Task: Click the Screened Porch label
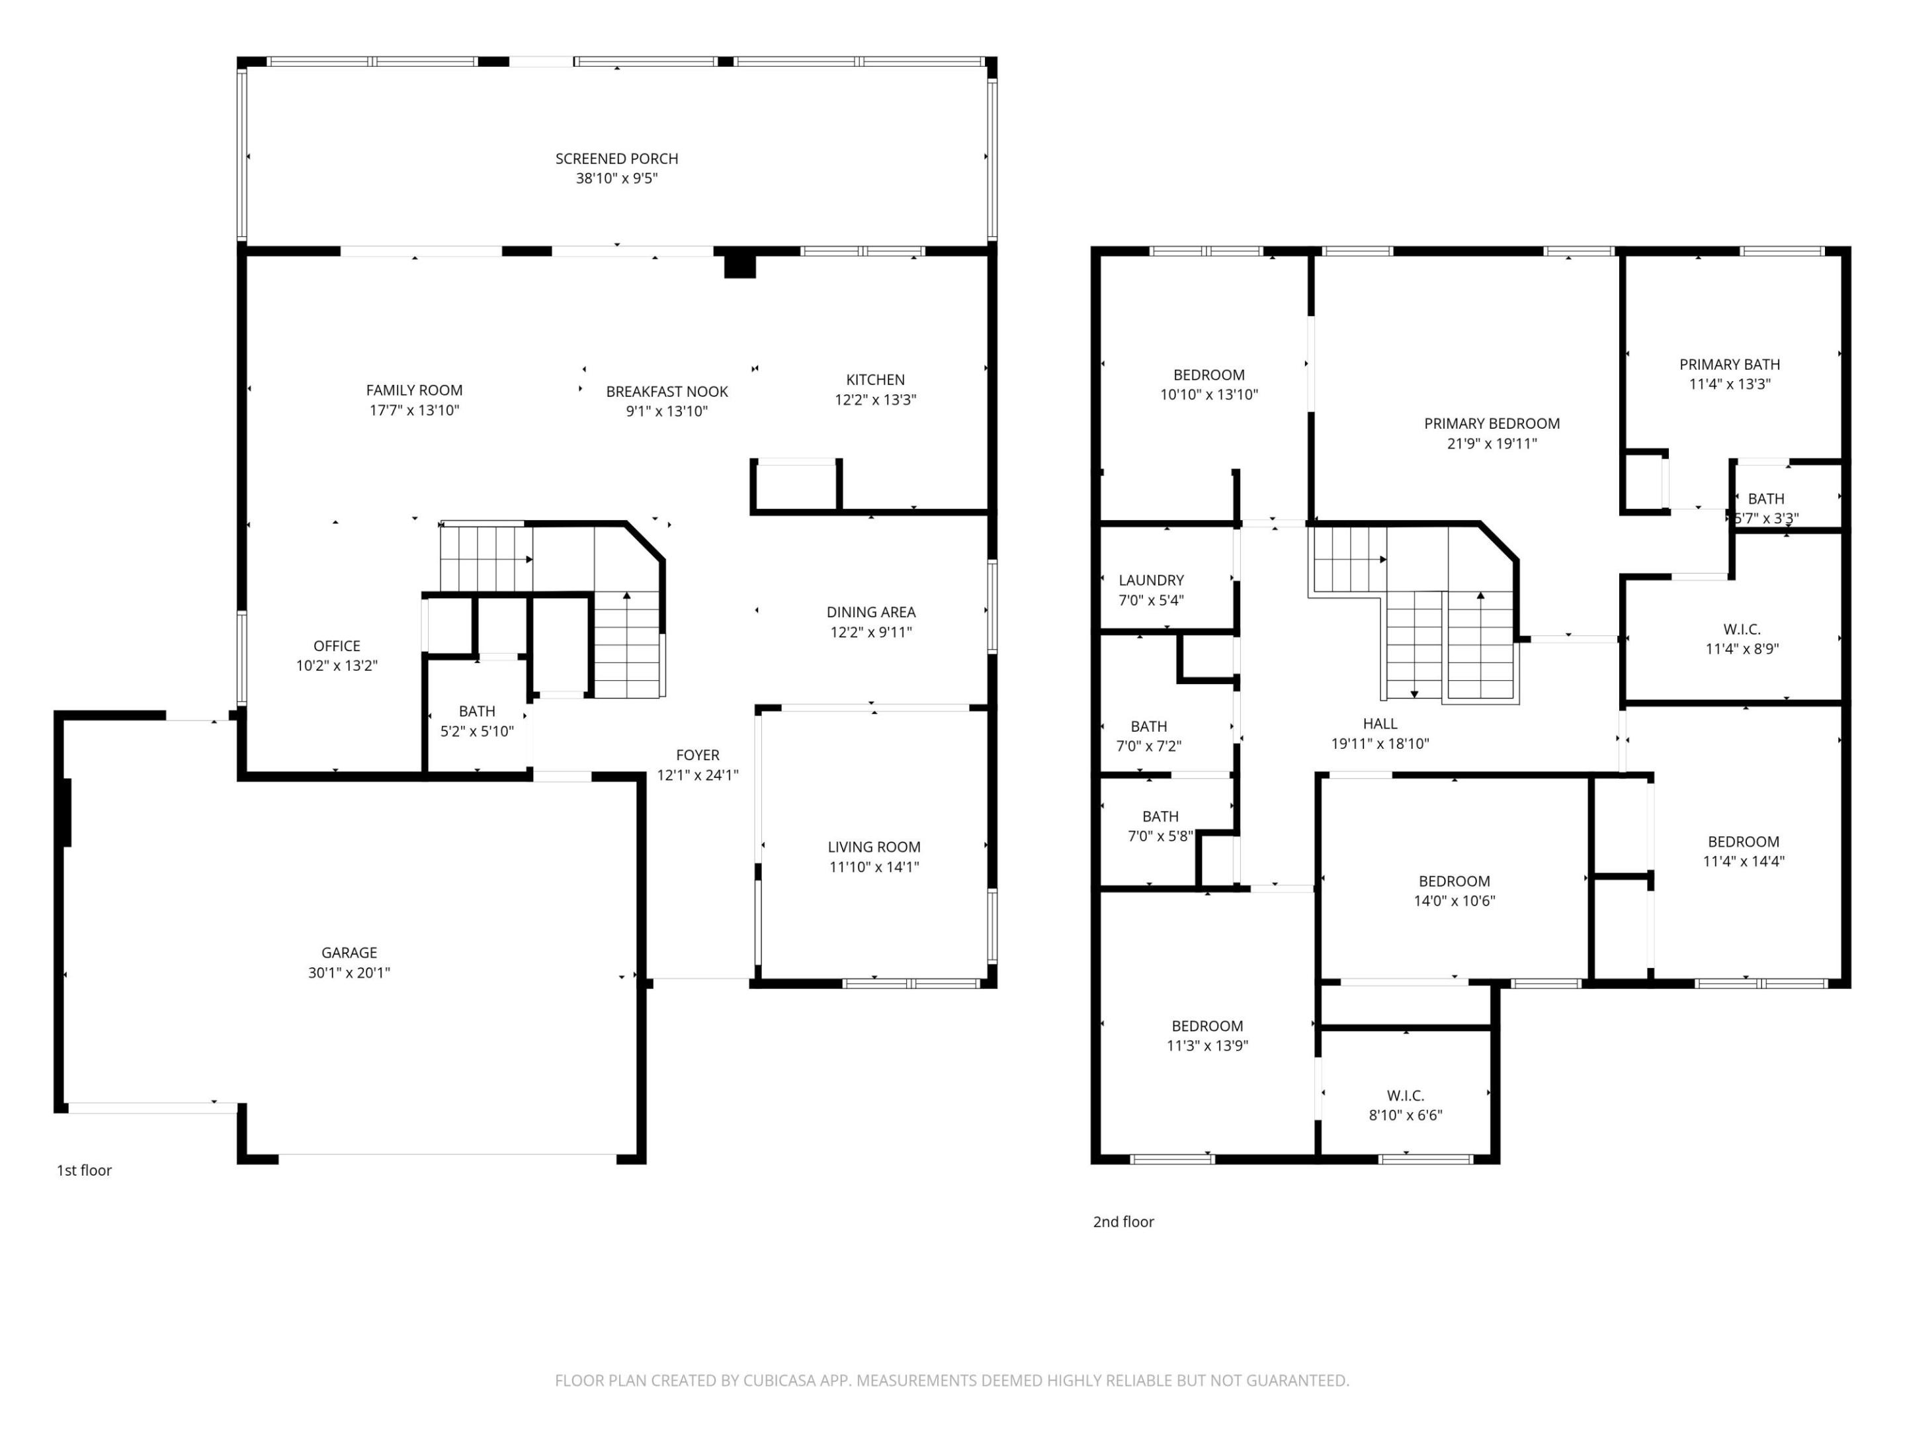616,159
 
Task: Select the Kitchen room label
875,380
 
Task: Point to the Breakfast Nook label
667,392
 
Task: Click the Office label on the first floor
337,646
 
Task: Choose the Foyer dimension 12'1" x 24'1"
698,775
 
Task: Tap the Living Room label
874,847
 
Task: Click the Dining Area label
870,613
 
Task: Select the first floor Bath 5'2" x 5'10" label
476,711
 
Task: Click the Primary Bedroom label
1492,424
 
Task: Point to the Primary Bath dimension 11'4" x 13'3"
1729,384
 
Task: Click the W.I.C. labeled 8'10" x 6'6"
1405,1096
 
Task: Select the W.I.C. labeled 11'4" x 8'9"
1742,630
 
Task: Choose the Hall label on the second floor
1380,724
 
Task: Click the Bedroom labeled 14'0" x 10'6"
1454,881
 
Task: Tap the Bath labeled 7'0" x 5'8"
1160,816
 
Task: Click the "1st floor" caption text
85,1170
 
